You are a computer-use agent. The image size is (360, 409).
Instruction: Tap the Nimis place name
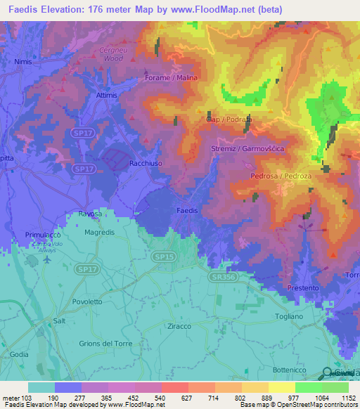pyautogui.click(x=24, y=62)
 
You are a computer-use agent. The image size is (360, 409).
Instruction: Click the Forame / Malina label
pyautogui.click(x=172, y=78)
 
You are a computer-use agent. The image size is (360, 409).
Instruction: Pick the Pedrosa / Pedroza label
pyautogui.click(x=281, y=176)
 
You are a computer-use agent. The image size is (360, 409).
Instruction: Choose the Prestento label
pyautogui.click(x=304, y=289)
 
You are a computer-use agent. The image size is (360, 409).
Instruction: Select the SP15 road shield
pyautogui.click(x=163, y=258)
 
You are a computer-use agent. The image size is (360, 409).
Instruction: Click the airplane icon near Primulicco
pyautogui.click(x=47, y=258)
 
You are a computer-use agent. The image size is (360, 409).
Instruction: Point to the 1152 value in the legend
pyautogui.click(x=349, y=397)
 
